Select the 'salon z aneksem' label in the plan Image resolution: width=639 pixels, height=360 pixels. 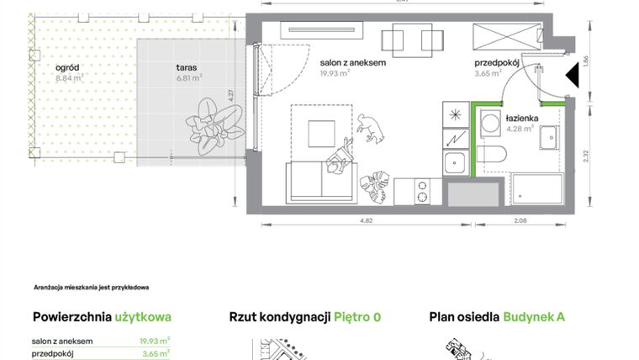click(x=352, y=62)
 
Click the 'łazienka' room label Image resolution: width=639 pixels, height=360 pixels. click(x=521, y=119)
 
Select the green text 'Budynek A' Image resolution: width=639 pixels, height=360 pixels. click(x=534, y=317)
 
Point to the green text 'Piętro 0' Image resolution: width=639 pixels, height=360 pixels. click(x=357, y=317)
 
